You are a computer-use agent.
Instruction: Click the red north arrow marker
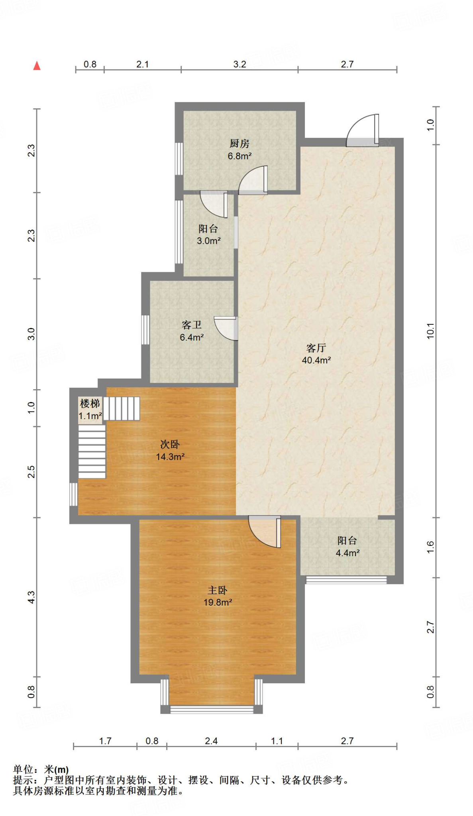click(37, 66)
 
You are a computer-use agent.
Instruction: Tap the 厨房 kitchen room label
click(239, 143)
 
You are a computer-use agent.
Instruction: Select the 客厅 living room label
click(316, 348)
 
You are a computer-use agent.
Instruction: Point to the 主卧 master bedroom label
click(217, 590)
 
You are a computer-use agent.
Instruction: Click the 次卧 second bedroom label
click(170, 444)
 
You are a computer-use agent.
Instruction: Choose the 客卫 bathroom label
click(191, 325)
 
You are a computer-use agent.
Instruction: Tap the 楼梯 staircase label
click(90, 404)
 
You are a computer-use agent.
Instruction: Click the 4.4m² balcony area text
click(347, 553)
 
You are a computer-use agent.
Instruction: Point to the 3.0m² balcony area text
click(208, 241)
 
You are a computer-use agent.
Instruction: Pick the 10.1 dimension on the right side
click(430, 331)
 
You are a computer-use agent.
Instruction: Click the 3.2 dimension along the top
click(239, 64)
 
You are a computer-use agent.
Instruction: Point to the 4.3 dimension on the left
click(31, 596)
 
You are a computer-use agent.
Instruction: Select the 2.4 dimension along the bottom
click(211, 741)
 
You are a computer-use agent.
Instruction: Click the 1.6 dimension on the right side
click(430, 547)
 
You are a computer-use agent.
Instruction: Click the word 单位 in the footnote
click(23, 769)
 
